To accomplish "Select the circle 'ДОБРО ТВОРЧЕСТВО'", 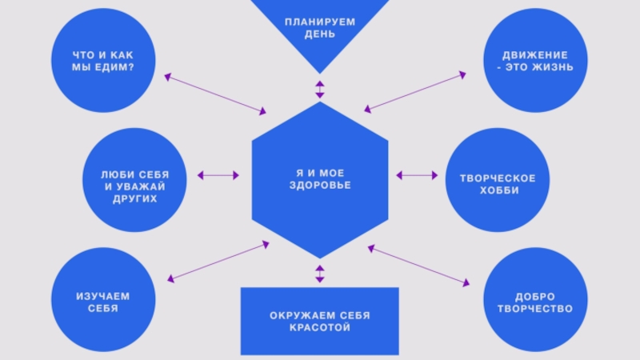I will (534, 302).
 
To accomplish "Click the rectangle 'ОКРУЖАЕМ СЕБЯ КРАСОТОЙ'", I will (320, 321).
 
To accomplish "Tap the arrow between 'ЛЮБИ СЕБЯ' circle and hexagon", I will (218, 175).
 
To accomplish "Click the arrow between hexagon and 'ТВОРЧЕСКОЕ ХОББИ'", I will (417, 175).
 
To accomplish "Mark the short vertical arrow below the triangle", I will (320, 88).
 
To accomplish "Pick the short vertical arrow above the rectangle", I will (320, 274).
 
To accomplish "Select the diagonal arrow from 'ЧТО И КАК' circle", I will (215, 94).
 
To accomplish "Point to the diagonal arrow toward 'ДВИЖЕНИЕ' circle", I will (414, 91).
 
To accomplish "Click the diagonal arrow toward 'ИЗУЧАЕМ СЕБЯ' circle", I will (218, 262).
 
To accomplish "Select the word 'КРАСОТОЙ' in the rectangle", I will (320, 328).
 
